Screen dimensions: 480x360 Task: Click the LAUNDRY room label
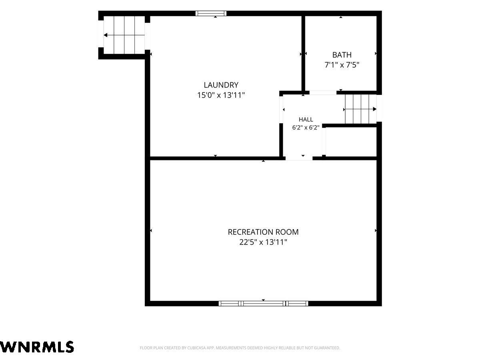[221, 85]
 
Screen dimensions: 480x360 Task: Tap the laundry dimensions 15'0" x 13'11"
[221, 95]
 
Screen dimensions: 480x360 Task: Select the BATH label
[342, 55]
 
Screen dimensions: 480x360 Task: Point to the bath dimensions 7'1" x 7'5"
[342, 65]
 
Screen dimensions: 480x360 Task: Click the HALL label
[306, 119]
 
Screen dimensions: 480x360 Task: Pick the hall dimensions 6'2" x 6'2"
[306, 128]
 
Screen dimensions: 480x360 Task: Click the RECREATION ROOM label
[263, 232]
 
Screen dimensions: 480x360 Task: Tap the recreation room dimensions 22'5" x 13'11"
[263, 242]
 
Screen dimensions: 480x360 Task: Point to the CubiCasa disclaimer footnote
[240, 348]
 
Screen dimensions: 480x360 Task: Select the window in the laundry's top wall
[211, 13]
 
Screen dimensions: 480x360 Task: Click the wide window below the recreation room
[263, 303]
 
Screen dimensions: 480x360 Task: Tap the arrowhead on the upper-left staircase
[106, 35]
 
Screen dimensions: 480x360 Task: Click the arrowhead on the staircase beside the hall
[374, 109]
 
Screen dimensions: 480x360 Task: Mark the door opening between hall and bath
[323, 93]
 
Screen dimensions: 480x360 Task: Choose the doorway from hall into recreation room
[299, 158]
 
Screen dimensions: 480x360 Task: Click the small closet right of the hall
[351, 142]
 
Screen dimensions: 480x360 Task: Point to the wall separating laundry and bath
[303, 54]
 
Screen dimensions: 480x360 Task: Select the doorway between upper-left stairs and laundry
[147, 36]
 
